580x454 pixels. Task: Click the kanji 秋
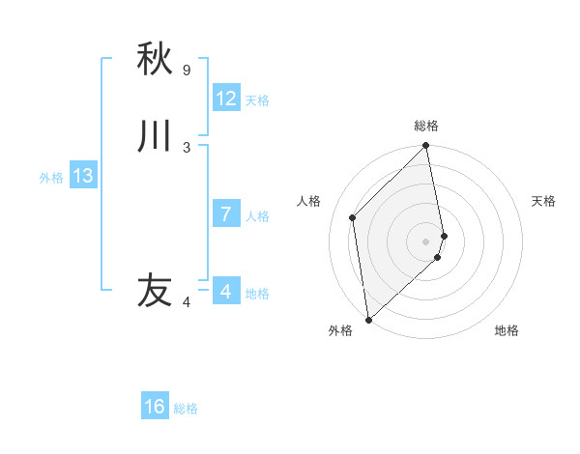(x=155, y=60)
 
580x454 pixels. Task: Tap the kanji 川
(x=155, y=136)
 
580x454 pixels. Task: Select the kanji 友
(x=155, y=290)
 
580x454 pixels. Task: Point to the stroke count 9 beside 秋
(x=187, y=71)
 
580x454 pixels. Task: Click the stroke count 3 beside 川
(x=187, y=148)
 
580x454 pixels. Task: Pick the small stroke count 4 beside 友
(x=187, y=302)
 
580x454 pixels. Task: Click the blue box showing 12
(x=226, y=99)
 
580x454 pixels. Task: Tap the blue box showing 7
(x=226, y=214)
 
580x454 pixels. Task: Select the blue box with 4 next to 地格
(x=226, y=291)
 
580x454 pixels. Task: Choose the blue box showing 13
(x=83, y=176)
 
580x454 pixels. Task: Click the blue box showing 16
(x=155, y=407)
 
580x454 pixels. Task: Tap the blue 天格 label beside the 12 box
(x=257, y=100)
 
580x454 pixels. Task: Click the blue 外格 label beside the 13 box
(x=51, y=178)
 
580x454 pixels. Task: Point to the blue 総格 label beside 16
(x=186, y=409)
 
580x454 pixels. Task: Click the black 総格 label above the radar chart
(x=426, y=126)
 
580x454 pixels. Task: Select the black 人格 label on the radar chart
(x=309, y=201)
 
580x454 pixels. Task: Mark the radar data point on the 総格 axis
(x=426, y=147)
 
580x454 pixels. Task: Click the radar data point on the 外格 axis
(x=368, y=319)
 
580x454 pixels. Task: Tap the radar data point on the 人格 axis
(x=353, y=217)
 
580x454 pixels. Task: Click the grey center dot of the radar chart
(x=426, y=241)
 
